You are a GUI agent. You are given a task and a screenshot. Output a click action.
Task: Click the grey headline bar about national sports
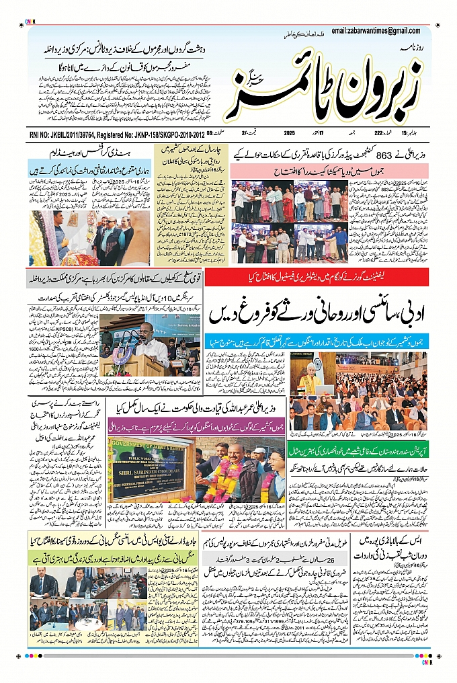(114, 278)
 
